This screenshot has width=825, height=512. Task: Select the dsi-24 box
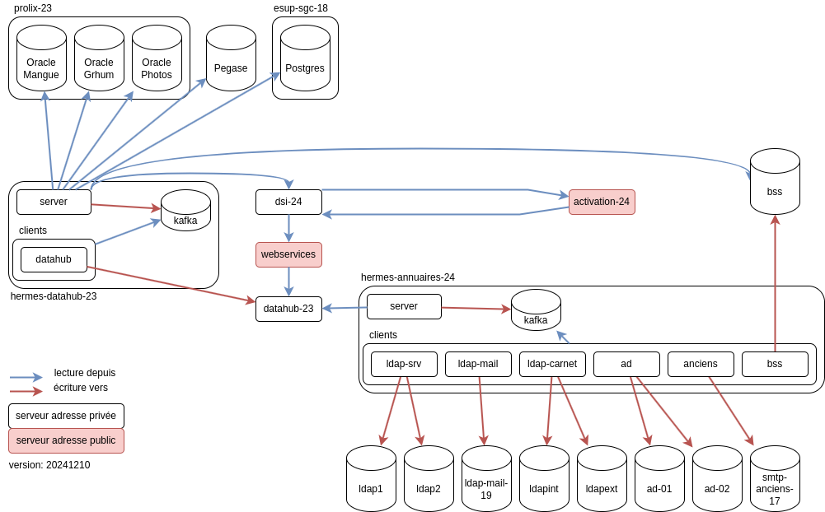pyautogui.click(x=288, y=202)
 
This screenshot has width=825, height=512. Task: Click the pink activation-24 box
pyautogui.click(x=602, y=202)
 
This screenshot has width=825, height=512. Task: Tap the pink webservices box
pyautogui.click(x=288, y=254)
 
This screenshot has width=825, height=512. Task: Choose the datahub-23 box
pyautogui.click(x=288, y=309)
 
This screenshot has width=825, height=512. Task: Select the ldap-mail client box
pyautogui.click(x=478, y=364)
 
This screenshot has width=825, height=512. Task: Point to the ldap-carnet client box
pyautogui.click(x=552, y=364)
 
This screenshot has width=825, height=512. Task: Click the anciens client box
pyautogui.click(x=701, y=364)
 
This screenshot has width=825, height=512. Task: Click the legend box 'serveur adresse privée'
pyautogui.click(x=66, y=416)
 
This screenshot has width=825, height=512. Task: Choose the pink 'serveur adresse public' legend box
pyautogui.click(x=66, y=440)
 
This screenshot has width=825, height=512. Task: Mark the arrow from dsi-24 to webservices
pyautogui.click(x=288, y=228)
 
